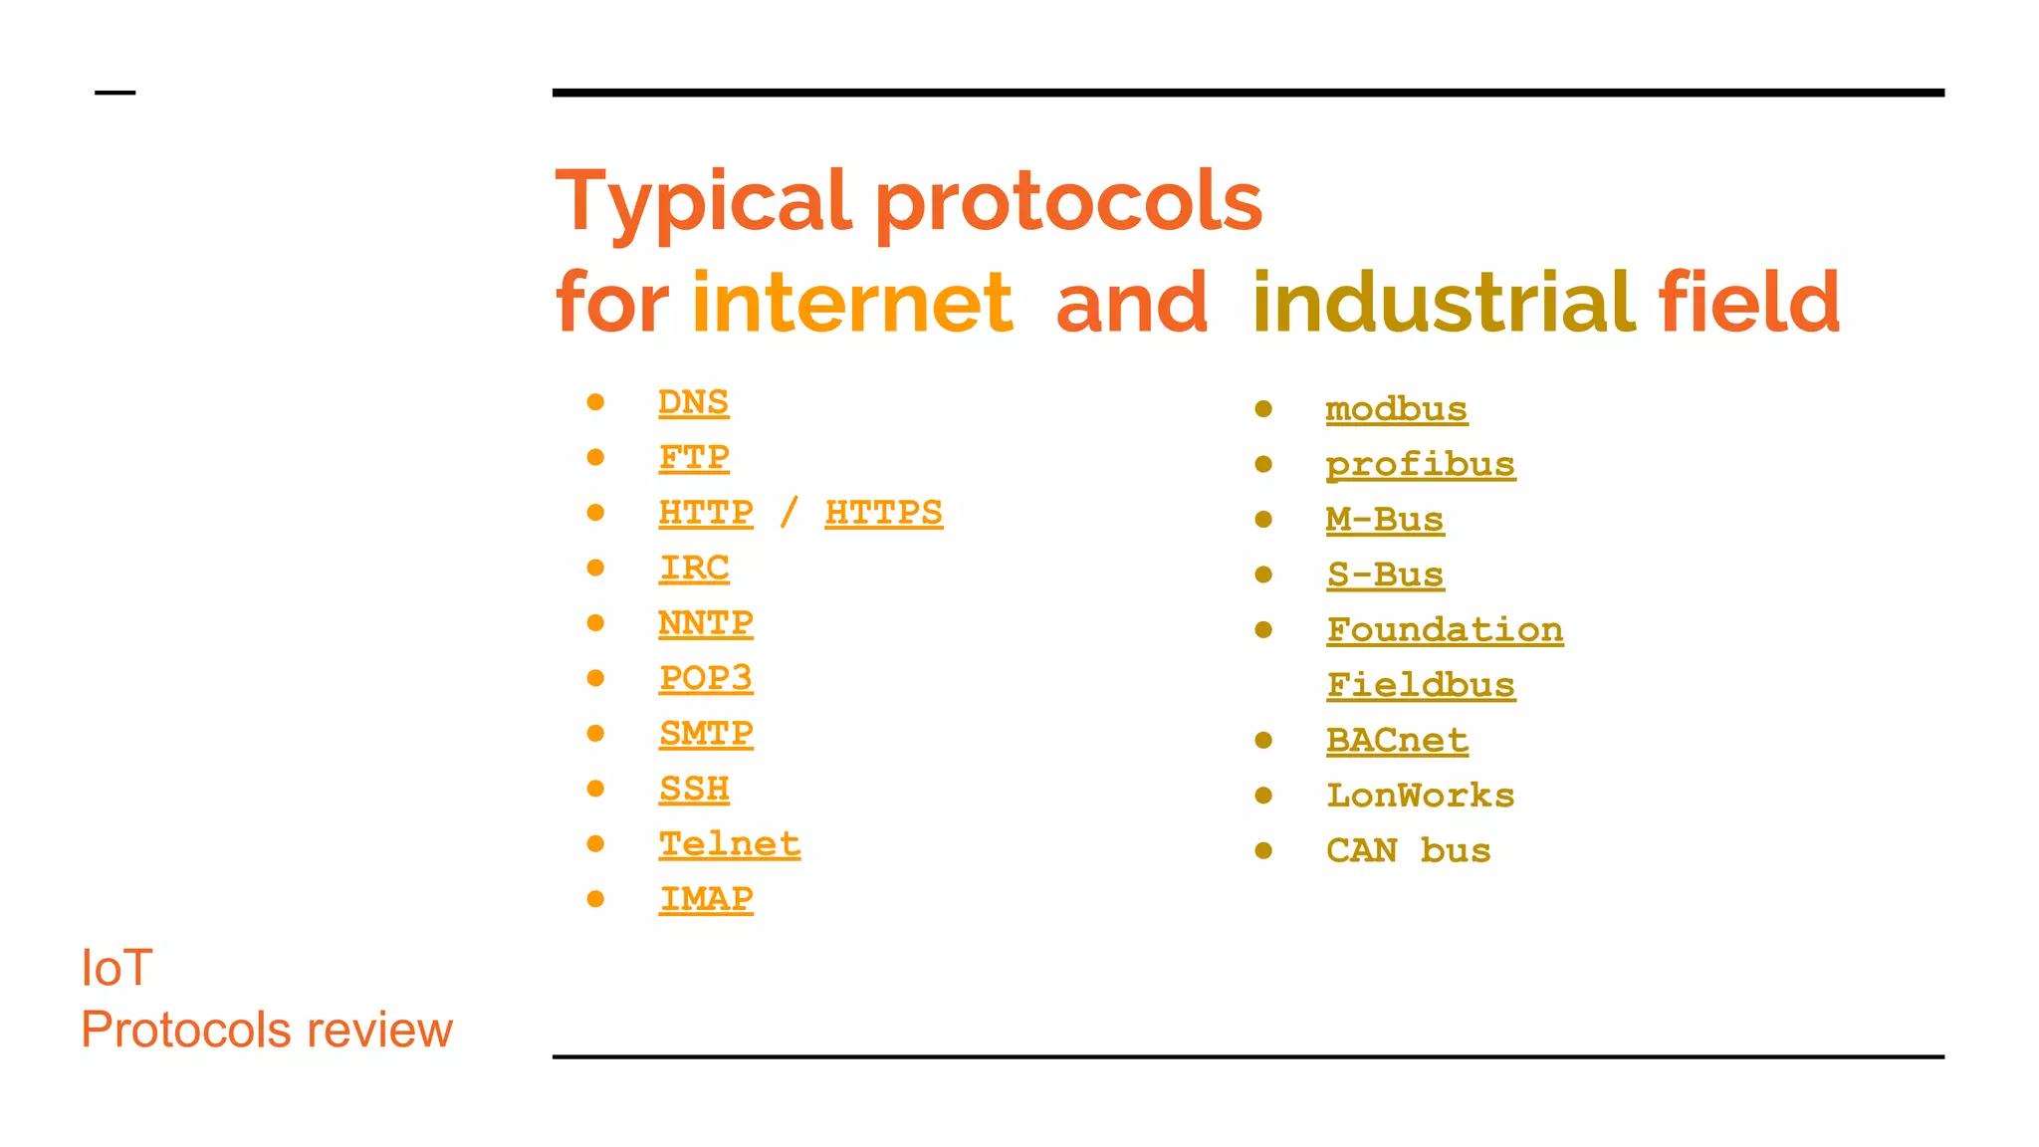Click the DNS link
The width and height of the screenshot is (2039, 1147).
[x=693, y=402]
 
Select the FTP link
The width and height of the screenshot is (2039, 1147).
[x=693, y=458]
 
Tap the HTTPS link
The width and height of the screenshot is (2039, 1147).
[x=883, y=513]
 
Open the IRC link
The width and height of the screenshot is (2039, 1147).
[x=693, y=569]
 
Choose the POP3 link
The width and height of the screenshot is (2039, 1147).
[x=705, y=678]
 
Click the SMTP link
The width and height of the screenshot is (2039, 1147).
[x=705, y=734]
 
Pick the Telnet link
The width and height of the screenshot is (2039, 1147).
[x=729, y=844]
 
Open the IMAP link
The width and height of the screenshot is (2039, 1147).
[x=705, y=899]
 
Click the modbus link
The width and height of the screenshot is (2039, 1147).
[x=1396, y=409]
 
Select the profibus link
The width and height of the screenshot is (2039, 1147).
[x=1420, y=465]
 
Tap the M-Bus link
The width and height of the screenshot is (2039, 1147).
[x=1384, y=520]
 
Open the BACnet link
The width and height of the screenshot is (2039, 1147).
[x=1397, y=741]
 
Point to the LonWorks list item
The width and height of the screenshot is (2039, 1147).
[x=1420, y=796]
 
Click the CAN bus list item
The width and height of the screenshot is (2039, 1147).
[x=1408, y=851]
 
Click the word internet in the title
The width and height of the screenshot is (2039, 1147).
[x=852, y=303]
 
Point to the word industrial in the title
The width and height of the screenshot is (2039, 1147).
[x=1444, y=303]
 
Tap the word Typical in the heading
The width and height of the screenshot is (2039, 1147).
[x=703, y=201]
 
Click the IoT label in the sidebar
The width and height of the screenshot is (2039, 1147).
[x=116, y=968]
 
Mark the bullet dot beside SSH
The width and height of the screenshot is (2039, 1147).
[x=595, y=789]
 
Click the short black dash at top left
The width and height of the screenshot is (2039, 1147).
[x=114, y=93]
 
